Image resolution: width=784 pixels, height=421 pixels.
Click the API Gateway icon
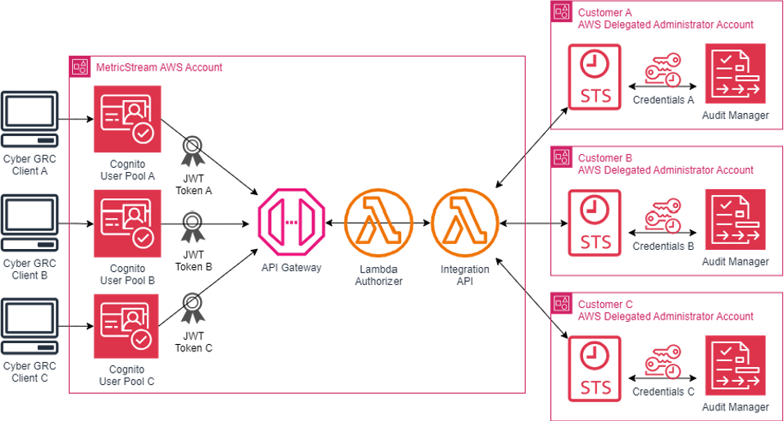[292, 223]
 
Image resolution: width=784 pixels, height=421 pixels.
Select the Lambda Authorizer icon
[378, 223]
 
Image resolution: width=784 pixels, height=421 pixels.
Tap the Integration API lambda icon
[464, 223]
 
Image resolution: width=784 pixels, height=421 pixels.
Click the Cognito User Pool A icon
[127, 120]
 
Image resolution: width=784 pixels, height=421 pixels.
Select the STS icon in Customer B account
[595, 221]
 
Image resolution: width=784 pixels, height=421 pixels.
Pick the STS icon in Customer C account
[595, 367]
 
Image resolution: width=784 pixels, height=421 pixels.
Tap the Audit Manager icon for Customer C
[735, 366]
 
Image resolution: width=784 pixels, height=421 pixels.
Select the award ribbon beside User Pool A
[193, 152]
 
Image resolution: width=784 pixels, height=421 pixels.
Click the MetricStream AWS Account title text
[158, 67]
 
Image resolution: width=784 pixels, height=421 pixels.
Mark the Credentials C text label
[663, 392]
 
